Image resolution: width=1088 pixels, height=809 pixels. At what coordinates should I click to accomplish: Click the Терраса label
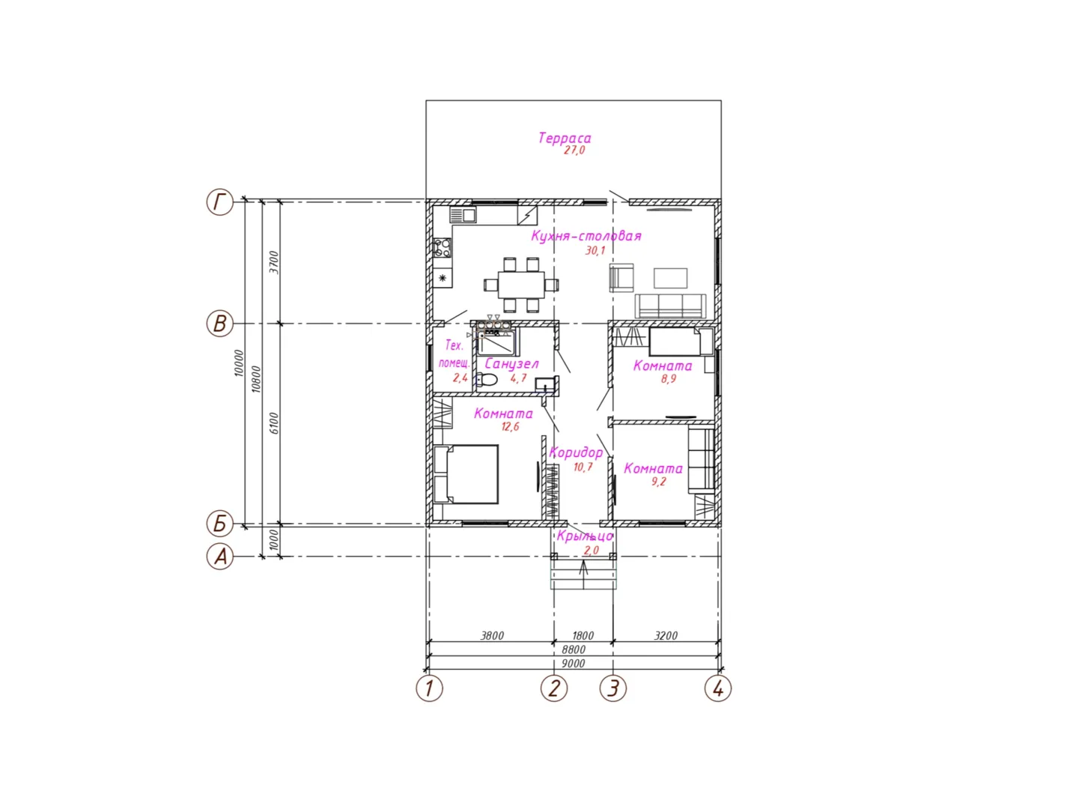pyautogui.click(x=565, y=138)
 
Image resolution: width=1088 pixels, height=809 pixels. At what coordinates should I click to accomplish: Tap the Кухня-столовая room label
pyautogui.click(x=586, y=236)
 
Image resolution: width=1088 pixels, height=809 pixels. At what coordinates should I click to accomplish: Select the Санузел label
pyautogui.click(x=511, y=364)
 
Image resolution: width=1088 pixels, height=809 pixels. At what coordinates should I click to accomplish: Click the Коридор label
pyautogui.click(x=576, y=452)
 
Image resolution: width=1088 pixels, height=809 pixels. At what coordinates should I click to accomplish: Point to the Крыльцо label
pyautogui.click(x=586, y=536)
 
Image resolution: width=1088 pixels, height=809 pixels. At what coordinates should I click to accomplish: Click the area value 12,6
pyautogui.click(x=510, y=426)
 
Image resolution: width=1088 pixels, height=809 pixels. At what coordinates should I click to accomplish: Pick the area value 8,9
pyautogui.click(x=669, y=379)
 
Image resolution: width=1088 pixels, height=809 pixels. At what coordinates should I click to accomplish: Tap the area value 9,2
pyautogui.click(x=659, y=482)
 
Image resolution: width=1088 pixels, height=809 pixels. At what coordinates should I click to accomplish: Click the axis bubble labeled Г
pyautogui.click(x=219, y=202)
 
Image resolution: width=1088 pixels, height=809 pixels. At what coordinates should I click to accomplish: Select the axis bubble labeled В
pyautogui.click(x=219, y=324)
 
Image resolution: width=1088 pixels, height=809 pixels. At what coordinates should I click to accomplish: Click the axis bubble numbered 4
pyautogui.click(x=717, y=688)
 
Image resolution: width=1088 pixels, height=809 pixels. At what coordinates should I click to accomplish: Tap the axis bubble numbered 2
pyautogui.click(x=554, y=688)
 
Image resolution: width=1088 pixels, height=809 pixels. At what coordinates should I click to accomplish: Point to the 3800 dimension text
pyautogui.click(x=492, y=636)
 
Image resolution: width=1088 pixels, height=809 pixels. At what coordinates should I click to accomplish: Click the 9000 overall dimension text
pyautogui.click(x=573, y=664)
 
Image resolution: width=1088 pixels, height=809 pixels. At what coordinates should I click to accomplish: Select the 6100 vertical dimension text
pyautogui.click(x=274, y=423)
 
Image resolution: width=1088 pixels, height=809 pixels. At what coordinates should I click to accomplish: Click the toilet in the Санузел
pyautogui.click(x=486, y=380)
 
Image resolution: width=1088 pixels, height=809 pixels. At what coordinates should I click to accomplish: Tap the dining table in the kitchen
pyautogui.click(x=521, y=285)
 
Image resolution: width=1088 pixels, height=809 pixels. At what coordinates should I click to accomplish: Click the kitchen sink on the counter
pyautogui.click(x=463, y=215)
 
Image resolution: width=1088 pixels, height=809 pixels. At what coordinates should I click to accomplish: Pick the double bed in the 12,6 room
pyautogui.click(x=466, y=474)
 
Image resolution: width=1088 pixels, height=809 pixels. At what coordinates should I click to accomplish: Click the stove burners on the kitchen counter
pyautogui.click(x=443, y=248)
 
